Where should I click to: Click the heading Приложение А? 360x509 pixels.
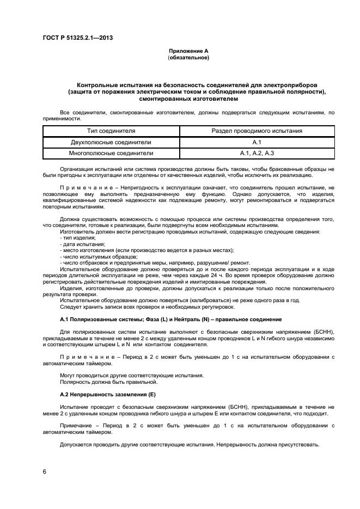click(x=188, y=51)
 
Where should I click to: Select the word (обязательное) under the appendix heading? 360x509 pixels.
click(x=188, y=57)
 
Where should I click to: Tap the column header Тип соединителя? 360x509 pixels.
click(x=111, y=131)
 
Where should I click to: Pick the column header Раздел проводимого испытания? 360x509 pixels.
click(x=257, y=131)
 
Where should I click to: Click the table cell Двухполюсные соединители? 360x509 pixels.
click(x=111, y=142)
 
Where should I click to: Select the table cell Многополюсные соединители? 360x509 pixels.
click(x=111, y=154)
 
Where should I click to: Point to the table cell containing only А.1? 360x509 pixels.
click(x=257, y=142)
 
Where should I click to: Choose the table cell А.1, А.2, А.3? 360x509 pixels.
click(x=257, y=154)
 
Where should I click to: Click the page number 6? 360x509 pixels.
click(x=44, y=471)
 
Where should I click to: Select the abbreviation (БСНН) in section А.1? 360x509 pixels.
click(x=325, y=332)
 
